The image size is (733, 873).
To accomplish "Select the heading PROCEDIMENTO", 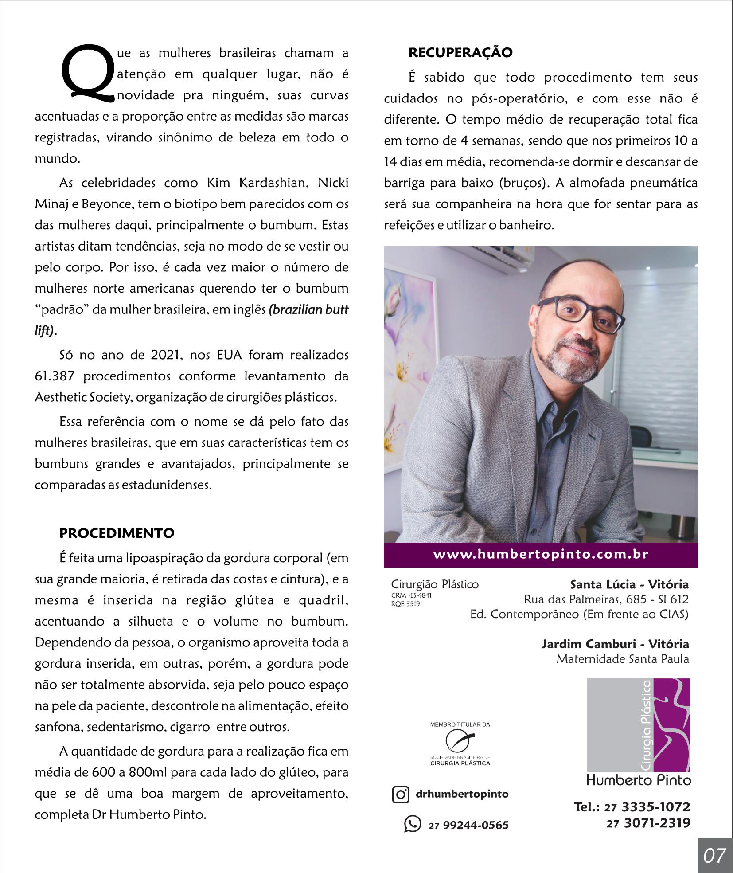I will [117, 533].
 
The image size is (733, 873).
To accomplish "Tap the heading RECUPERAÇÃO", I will [460, 53].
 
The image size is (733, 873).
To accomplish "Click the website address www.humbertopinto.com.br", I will [541, 555].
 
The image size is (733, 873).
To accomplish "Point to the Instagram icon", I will [400, 794].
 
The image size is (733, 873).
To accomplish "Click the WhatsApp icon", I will [412, 824].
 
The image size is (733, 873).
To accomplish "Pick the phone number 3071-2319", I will [657, 823].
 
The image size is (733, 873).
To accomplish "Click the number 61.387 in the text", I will [55, 376].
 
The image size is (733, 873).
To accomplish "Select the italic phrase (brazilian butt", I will [308, 309].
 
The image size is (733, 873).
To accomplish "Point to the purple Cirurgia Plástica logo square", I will [638, 725].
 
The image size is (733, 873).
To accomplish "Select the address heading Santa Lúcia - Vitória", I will [629, 584].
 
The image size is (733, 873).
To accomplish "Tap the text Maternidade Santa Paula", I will [622, 659].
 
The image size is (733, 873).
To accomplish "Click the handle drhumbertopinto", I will [462, 794].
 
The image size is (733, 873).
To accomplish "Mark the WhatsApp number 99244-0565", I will [476, 825].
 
